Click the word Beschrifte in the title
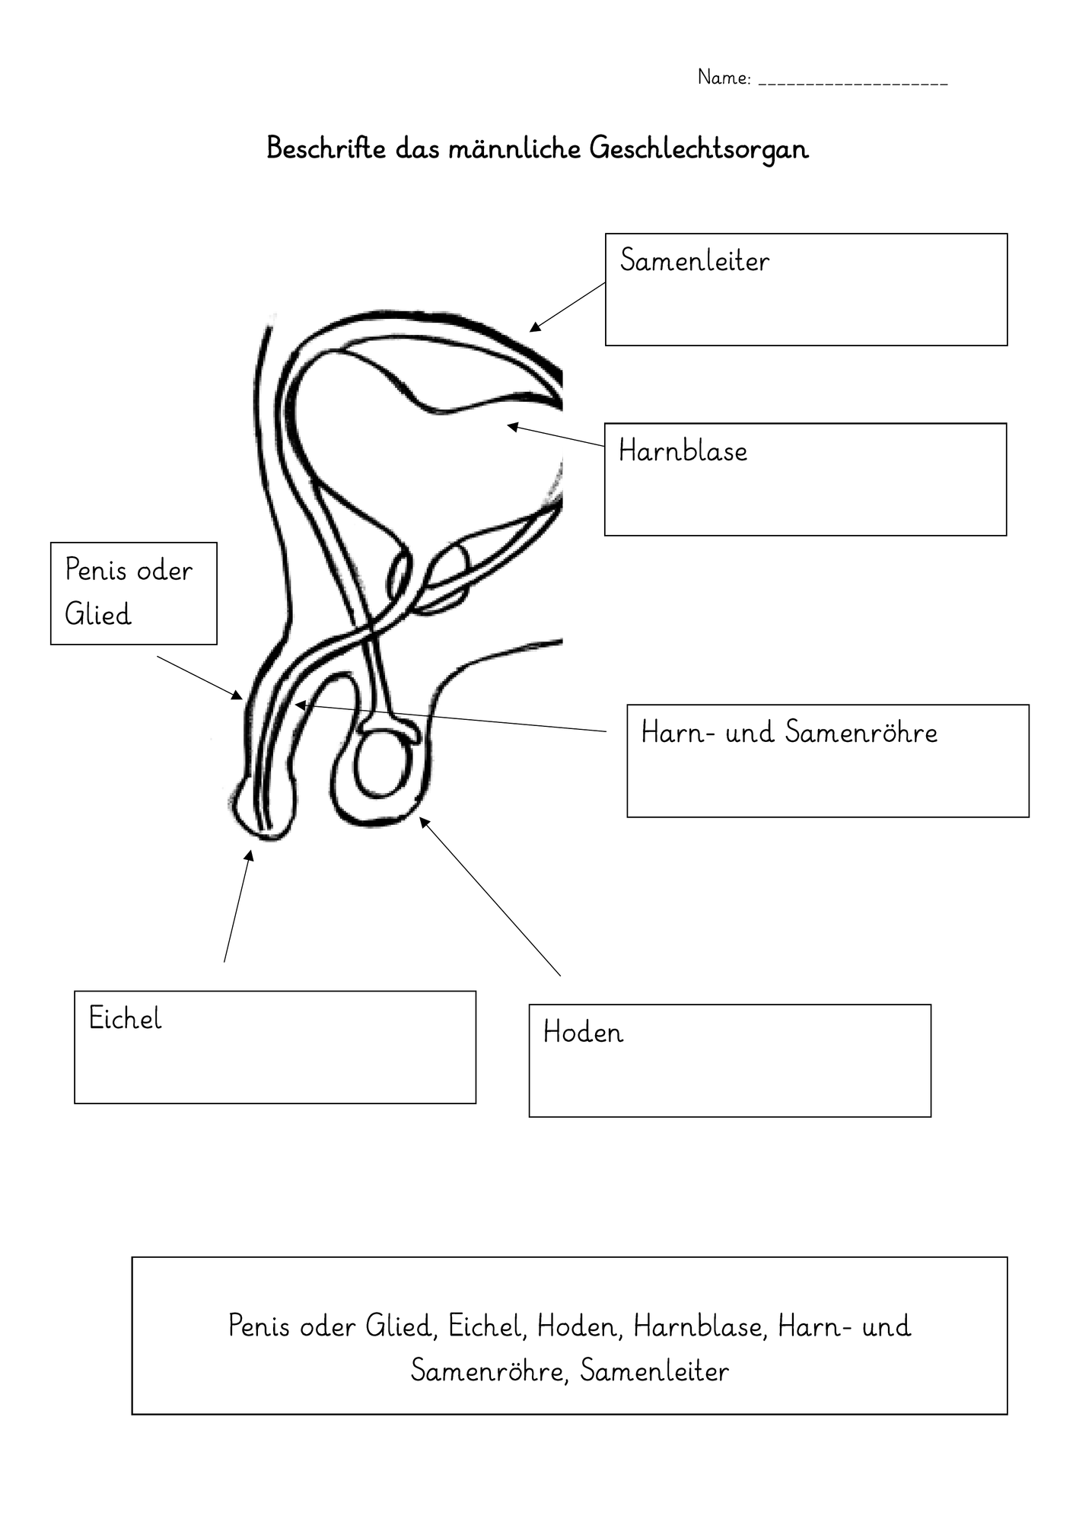click(326, 148)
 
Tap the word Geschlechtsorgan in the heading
click(699, 149)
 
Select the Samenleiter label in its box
click(694, 260)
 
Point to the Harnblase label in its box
click(683, 451)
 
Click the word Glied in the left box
click(98, 613)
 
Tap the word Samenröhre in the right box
click(861, 732)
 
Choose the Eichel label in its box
click(125, 1018)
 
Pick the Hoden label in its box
click(583, 1032)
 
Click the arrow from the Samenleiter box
click(568, 307)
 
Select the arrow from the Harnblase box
click(556, 435)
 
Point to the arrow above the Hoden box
click(490, 896)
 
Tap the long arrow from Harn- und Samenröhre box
click(450, 718)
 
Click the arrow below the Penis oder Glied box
click(200, 677)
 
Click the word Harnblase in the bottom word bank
click(698, 1326)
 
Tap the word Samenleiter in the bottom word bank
click(654, 1371)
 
